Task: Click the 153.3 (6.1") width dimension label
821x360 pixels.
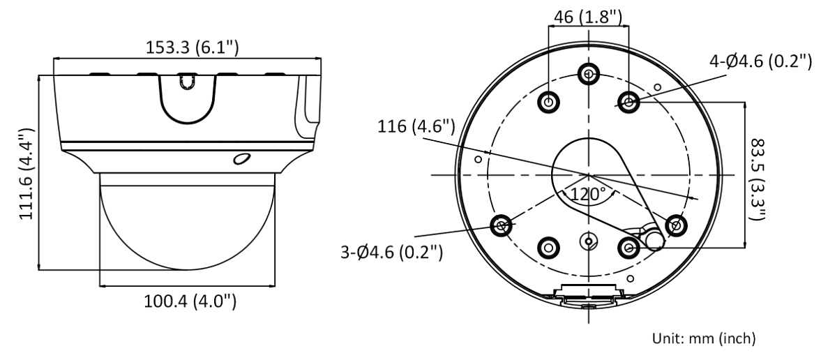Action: pyautogui.click(x=192, y=47)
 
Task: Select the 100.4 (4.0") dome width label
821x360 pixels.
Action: pyautogui.click(x=190, y=301)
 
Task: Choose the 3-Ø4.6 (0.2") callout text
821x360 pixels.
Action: pyautogui.click(x=391, y=253)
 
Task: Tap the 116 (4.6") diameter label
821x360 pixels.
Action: pyautogui.click(x=416, y=127)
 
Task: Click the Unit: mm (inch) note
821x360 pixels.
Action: pyautogui.click(x=704, y=338)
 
